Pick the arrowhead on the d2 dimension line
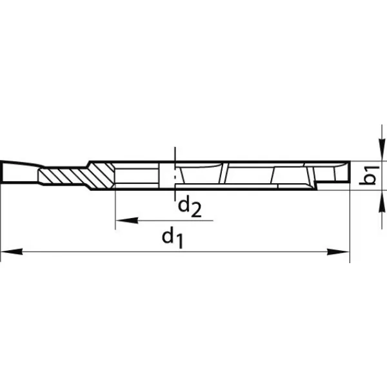click(x=124, y=221)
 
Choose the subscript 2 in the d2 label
click(x=197, y=210)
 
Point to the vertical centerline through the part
click(x=175, y=155)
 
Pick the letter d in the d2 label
click(x=184, y=205)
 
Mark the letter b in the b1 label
click(x=368, y=181)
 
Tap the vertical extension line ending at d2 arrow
click(x=115, y=206)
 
